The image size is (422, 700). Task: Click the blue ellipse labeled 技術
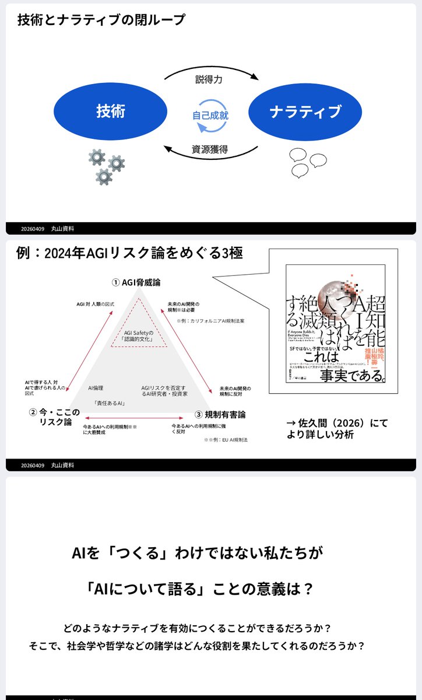[110, 111]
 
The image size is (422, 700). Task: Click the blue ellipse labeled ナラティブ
[305, 111]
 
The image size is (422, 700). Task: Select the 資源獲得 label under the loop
[209, 149]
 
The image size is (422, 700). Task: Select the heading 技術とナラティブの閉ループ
[101, 20]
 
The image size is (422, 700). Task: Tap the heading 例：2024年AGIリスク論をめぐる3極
[129, 253]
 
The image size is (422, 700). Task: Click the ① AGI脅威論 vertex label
[139, 282]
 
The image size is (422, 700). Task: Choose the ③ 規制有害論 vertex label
[220, 414]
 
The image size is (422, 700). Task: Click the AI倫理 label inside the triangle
[96, 387]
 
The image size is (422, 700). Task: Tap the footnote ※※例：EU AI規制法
[226, 439]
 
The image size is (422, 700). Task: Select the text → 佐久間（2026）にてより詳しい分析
[337, 429]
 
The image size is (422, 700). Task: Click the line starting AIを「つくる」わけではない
[197, 552]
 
